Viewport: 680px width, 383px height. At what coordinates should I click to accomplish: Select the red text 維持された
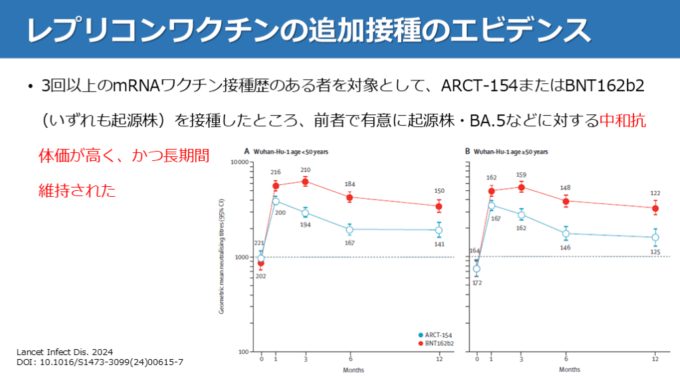77,191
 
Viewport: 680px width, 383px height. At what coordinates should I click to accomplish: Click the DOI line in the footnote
100,362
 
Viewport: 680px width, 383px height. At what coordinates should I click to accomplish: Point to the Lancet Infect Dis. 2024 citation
65,350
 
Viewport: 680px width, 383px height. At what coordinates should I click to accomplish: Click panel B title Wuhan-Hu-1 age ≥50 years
507,152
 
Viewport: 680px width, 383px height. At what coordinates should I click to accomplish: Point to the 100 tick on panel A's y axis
242,352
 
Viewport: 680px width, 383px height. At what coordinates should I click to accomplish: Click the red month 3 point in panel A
305,182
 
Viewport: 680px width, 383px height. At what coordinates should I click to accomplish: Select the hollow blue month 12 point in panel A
439,230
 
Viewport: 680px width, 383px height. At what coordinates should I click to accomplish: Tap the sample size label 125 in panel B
655,251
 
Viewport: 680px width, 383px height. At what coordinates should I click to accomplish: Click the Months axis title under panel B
566,369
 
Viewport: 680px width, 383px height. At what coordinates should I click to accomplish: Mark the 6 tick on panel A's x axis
350,359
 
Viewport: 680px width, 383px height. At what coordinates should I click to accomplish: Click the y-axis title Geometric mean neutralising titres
222,257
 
